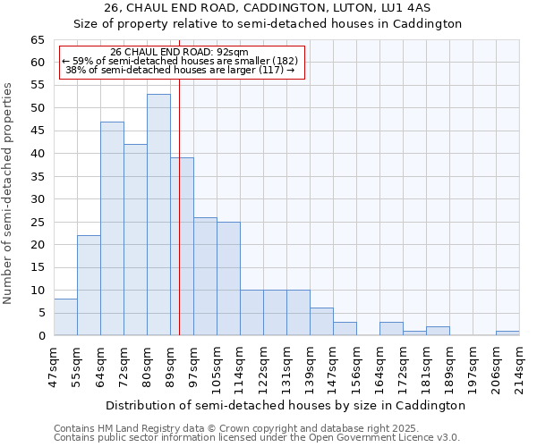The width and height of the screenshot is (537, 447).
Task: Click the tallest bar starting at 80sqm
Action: pyautogui.click(x=158, y=215)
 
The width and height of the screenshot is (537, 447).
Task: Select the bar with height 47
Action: pyautogui.click(x=112, y=228)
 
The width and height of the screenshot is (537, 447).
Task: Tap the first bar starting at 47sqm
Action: pyautogui.click(x=65, y=317)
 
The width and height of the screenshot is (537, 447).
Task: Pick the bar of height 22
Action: pyautogui.click(x=89, y=285)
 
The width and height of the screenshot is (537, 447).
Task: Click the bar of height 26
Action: pyautogui.click(x=205, y=276)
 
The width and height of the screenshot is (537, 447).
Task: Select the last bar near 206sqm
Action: pyautogui.click(x=507, y=333)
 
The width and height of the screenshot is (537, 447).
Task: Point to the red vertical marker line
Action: pyautogui.click(x=179, y=206)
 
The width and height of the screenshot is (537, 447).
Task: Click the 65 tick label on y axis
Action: pyautogui.click(x=37, y=40)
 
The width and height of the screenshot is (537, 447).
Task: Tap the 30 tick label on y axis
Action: pyautogui.click(x=37, y=199)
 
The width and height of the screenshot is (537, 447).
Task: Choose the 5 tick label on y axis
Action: pyautogui.click(x=40, y=313)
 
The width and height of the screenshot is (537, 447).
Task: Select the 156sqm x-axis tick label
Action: pyautogui.click(x=356, y=365)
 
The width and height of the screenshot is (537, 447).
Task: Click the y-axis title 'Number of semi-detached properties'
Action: pyautogui.click(x=9, y=193)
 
